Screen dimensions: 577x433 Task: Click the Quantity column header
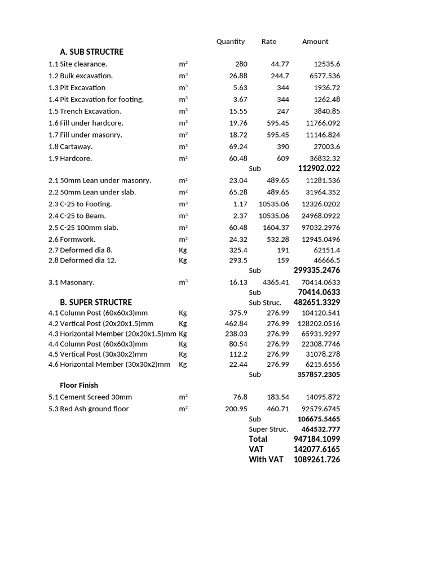(x=231, y=42)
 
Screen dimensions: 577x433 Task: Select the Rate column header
(x=269, y=42)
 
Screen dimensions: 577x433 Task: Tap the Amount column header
(x=315, y=42)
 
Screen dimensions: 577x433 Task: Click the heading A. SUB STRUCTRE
(x=91, y=52)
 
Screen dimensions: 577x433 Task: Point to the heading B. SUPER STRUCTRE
(x=96, y=303)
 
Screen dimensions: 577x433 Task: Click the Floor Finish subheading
(x=79, y=385)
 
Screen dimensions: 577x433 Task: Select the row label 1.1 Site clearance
(x=78, y=64)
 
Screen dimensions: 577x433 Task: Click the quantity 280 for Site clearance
(x=241, y=64)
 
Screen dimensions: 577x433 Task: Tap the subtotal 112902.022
(x=319, y=168)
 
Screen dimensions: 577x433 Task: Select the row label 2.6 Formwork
(x=72, y=239)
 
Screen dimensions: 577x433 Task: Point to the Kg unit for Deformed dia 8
(x=183, y=250)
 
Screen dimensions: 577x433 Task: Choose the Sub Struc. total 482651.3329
(x=317, y=303)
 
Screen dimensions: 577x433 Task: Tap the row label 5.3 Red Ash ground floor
(x=89, y=409)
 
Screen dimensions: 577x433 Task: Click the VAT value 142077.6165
(x=317, y=449)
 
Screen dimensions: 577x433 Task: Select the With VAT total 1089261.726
(x=317, y=460)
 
